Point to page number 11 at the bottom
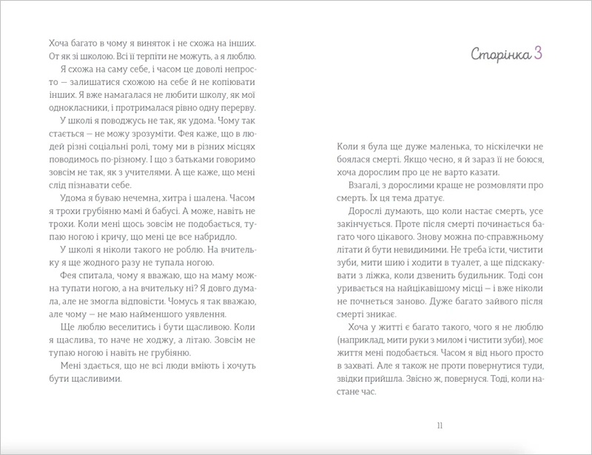(x=440, y=425)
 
